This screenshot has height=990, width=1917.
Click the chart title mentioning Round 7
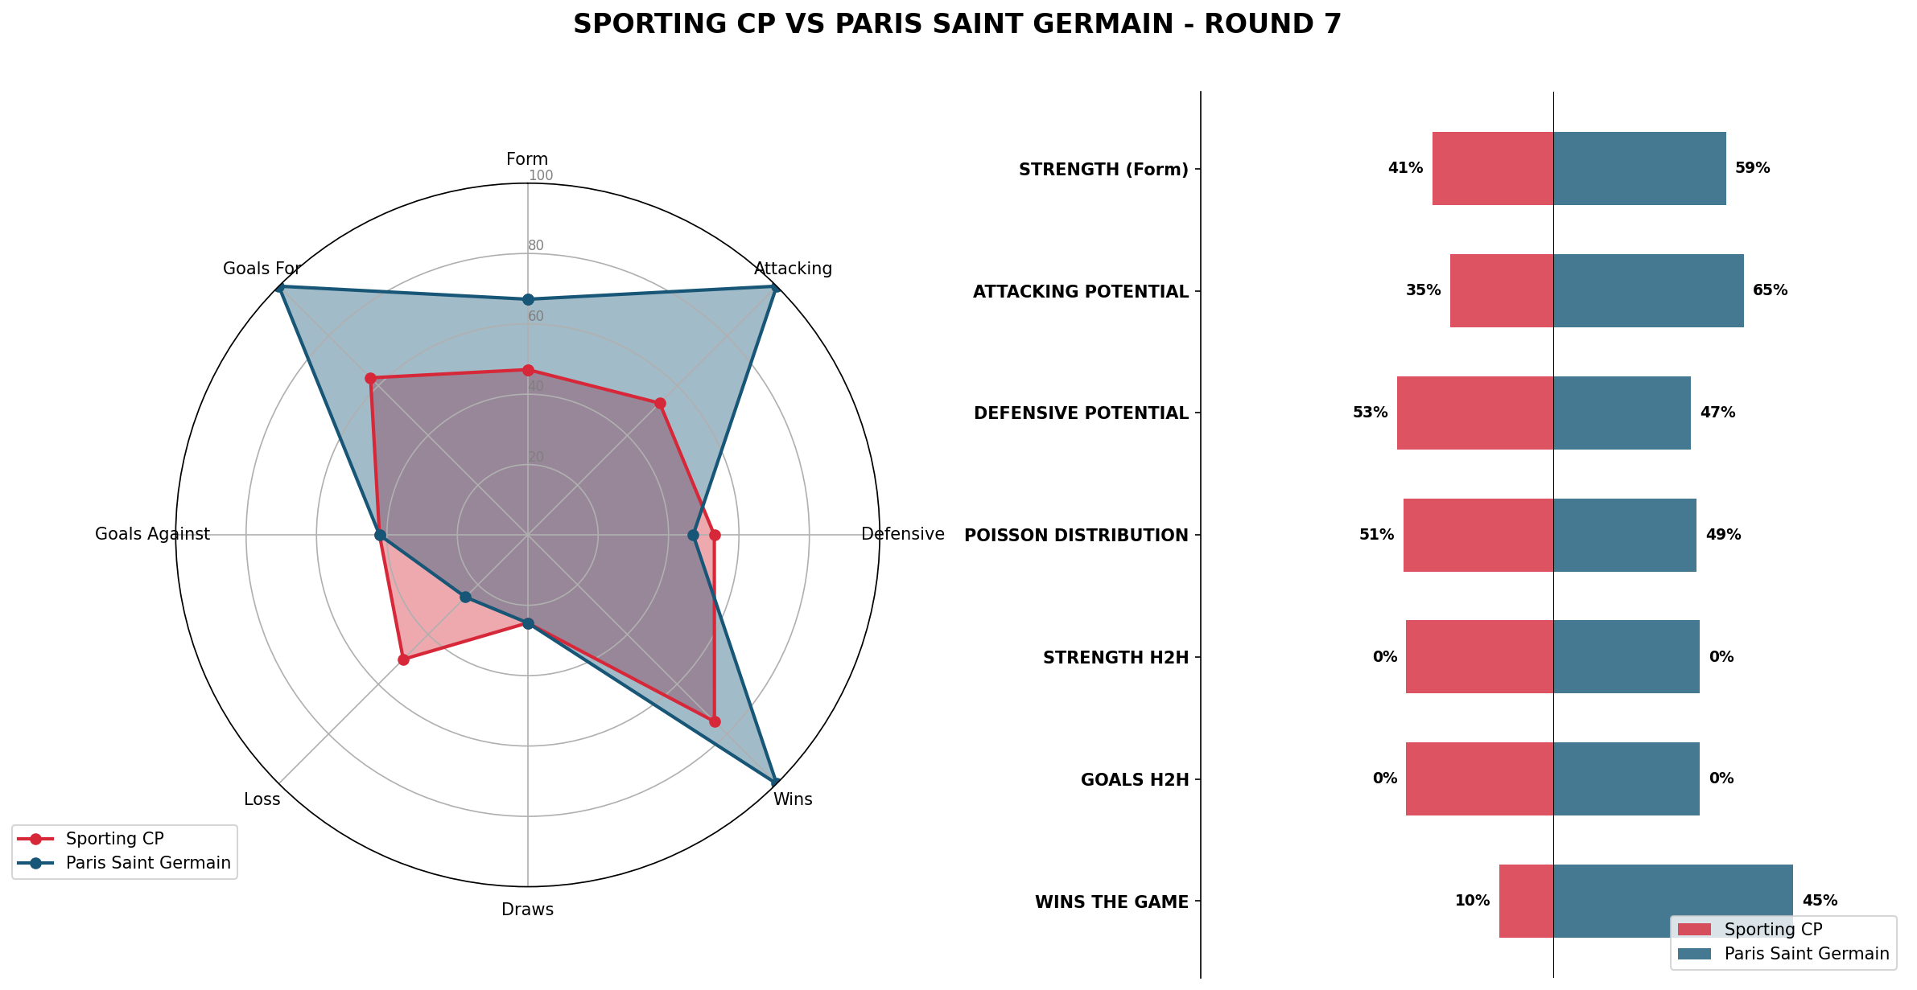pyautogui.click(x=957, y=25)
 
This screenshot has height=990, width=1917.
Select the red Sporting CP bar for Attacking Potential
pyautogui.click(x=1501, y=291)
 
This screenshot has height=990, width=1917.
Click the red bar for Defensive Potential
pyautogui.click(x=1474, y=413)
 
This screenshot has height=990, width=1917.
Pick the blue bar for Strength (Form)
pyautogui.click(x=1639, y=169)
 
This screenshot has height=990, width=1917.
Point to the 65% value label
pyautogui.click(x=1770, y=291)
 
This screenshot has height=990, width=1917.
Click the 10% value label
pyautogui.click(x=1472, y=902)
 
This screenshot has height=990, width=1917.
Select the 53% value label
pyautogui.click(x=1370, y=413)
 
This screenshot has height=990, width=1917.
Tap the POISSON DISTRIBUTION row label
pyautogui.click(x=1076, y=536)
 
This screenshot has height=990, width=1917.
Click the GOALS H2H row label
pyautogui.click(x=1135, y=780)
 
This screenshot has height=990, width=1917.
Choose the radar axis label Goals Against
pyautogui.click(x=152, y=535)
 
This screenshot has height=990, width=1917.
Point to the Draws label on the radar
pyautogui.click(x=527, y=910)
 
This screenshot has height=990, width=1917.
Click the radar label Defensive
pyautogui.click(x=902, y=535)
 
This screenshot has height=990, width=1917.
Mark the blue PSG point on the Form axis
pyautogui.click(x=528, y=300)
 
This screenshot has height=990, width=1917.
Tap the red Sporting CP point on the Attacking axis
pyautogui.click(x=660, y=403)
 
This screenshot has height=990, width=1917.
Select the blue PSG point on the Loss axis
pyautogui.click(x=465, y=597)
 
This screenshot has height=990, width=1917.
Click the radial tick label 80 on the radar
pyautogui.click(x=536, y=246)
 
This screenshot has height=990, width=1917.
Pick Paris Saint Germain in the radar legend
pyautogui.click(x=148, y=864)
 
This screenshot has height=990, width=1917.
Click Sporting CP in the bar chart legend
pyautogui.click(x=1773, y=930)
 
